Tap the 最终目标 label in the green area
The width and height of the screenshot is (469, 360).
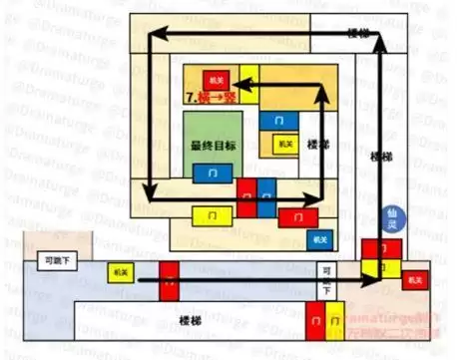213,146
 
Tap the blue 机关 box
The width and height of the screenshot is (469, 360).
319,238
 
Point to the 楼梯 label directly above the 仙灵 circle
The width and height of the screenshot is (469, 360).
379,157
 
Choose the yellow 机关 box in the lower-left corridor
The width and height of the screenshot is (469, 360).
121,271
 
